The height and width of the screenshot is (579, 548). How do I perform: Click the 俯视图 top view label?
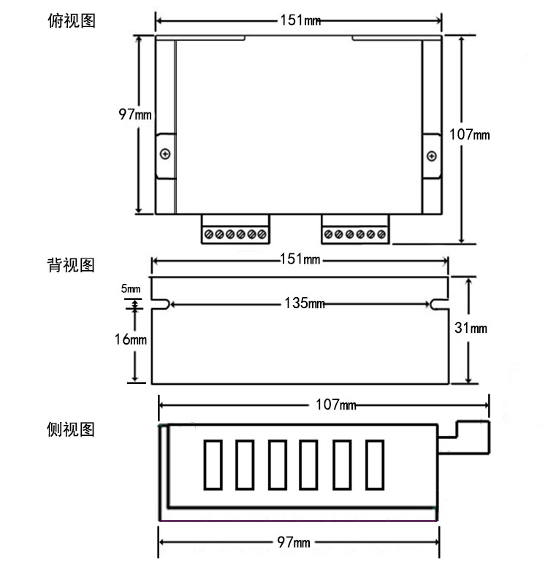click(x=71, y=20)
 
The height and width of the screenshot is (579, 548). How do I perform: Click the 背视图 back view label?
click(x=71, y=264)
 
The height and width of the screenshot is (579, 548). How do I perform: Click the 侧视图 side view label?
click(x=71, y=429)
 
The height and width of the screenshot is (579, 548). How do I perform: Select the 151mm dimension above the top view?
click(x=300, y=20)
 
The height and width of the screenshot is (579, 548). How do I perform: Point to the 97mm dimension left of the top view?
click(x=135, y=114)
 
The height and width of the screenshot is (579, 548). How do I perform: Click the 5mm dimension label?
click(x=131, y=290)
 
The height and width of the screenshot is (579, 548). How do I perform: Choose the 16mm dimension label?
click(x=131, y=340)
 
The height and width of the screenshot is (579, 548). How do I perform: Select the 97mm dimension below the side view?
click(x=294, y=542)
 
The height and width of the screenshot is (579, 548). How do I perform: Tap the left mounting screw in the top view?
click(x=166, y=154)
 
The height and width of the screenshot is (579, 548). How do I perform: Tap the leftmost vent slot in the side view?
click(x=212, y=464)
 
